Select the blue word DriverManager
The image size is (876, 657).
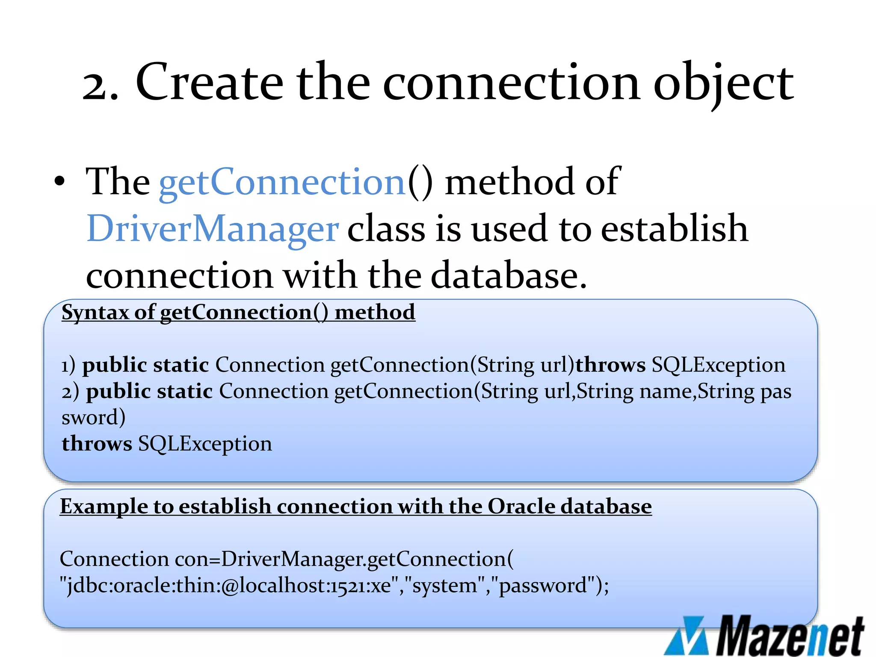pyautogui.click(x=213, y=229)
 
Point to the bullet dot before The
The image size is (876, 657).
pyautogui.click(x=60, y=182)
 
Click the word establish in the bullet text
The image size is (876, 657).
pyautogui.click(x=674, y=228)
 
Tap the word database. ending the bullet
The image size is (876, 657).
pyautogui.click(x=509, y=276)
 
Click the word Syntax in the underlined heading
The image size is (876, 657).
pyautogui.click(x=95, y=312)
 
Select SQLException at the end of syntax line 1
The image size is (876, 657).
pyautogui.click(x=719, y=365)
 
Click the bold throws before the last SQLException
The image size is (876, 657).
pyautogui.click(x=97, y=444)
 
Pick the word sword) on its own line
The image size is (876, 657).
pyautogui.click(x=93, y=417)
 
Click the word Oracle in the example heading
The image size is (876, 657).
pyautogui.click(x=521, y=506)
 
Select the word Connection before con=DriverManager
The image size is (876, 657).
pyautogui.click(x=114, y=559)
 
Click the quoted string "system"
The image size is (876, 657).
pyautogui.click(x=444, y=586)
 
